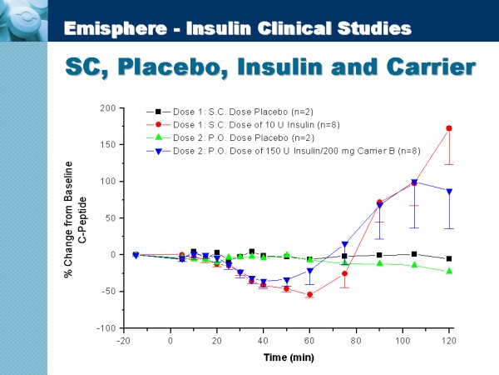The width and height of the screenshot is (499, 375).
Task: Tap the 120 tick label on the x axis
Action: (x=449, y=340)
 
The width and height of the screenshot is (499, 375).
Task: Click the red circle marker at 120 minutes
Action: (x=449, y=128)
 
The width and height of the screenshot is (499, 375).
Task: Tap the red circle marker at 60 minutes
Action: (x=310, y=294)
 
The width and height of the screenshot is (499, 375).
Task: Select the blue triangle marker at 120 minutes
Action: (x=449, y=191)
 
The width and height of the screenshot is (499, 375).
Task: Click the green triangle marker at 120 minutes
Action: (x=449, y=271)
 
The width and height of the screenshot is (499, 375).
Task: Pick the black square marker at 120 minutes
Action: (x=449, y=258)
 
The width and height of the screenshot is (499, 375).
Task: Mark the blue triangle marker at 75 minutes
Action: (x=345, y=244)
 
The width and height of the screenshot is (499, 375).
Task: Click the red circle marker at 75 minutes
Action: (x=345, y=273)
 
